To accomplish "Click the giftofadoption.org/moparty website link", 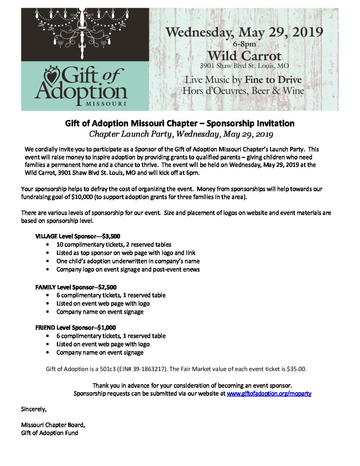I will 269,394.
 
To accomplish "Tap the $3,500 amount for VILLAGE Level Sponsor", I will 111,236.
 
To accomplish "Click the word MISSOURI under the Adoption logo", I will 106,104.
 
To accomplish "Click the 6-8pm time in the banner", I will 244,44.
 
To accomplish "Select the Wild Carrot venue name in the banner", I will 244,56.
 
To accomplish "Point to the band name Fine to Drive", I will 273,80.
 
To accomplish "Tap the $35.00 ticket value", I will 296,369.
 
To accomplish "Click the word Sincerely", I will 34,409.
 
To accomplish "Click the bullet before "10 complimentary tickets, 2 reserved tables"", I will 48,245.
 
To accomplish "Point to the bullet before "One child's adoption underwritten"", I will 48,261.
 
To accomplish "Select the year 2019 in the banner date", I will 308,32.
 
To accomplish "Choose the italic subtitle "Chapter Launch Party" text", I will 130,134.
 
